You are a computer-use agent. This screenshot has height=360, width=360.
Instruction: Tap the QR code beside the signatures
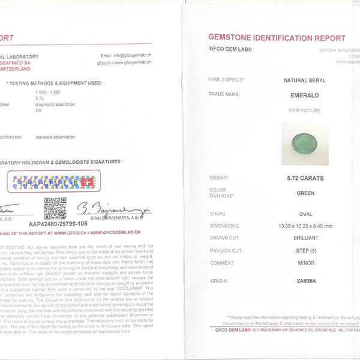point(55,209)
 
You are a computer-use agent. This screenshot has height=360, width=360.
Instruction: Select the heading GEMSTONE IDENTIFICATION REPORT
point(277,37)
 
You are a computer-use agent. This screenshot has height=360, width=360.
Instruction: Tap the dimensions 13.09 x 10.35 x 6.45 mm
point(301,226)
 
